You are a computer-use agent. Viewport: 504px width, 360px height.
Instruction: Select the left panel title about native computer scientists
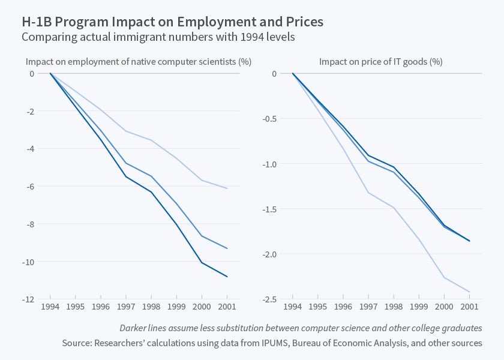138,61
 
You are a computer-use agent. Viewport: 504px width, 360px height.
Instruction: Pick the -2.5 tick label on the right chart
269,299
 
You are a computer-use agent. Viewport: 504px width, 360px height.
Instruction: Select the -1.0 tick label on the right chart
269,164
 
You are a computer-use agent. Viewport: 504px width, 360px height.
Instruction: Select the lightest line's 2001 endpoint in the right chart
469,292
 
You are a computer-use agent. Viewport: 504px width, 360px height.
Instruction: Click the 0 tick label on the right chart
274,74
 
